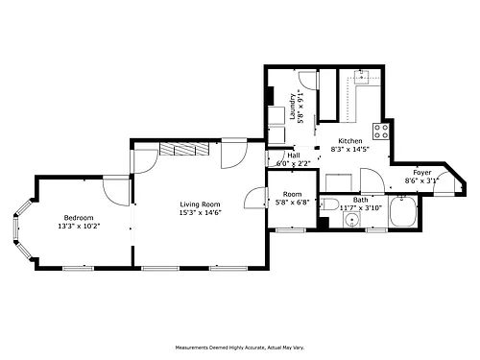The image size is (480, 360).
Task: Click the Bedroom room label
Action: [79, 218]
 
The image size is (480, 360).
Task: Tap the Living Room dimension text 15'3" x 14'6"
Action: [201, 212]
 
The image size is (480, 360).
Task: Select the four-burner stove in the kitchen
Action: [381, 132]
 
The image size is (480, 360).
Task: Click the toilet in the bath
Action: [329, 204]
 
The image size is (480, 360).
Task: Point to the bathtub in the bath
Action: [403, 211]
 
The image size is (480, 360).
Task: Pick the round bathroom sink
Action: [351, 220]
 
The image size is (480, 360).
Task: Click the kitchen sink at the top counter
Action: [362, 77]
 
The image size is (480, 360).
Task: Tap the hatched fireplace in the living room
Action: [184, 149]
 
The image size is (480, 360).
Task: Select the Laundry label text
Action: [293, 107]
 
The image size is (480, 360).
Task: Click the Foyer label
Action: [422, 173]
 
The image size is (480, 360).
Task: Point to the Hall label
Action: [294, 156]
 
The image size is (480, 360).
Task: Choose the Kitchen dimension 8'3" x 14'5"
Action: [350, 149]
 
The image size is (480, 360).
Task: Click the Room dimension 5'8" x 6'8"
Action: [293, 202]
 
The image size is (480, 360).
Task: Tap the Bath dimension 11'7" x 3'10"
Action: [361, 207]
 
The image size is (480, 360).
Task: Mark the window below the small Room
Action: [291, 229]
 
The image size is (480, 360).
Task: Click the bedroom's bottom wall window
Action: [78, 268]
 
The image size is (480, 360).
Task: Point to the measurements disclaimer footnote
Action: [240, 348]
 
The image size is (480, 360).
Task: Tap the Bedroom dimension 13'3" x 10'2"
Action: [79, 226]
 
